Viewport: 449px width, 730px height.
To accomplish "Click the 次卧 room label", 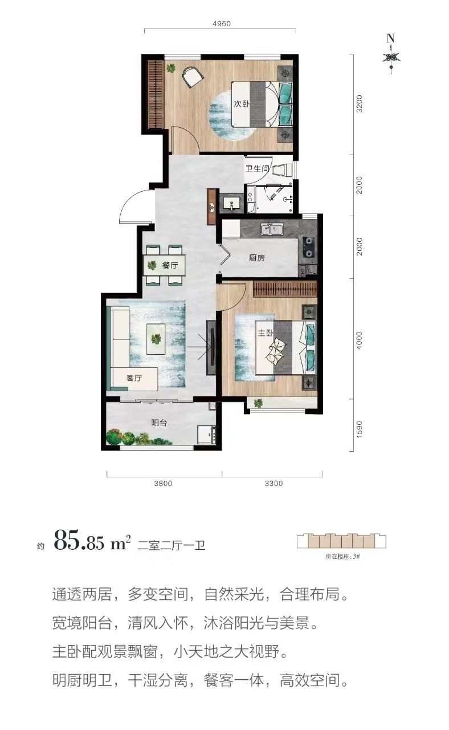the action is tap(242, 104).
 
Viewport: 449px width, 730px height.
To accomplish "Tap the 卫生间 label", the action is tap(257, 168).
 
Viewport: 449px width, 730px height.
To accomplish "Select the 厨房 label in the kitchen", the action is tap(257, 258).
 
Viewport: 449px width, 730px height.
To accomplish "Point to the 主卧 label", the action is tap(266, 332).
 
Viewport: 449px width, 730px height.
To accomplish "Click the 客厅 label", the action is tap(134, 378).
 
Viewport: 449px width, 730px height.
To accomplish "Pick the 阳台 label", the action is tap(159, 423).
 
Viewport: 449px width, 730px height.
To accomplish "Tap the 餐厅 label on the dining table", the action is tap(170, 265).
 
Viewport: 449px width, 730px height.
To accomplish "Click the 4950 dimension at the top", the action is tap(222, 23).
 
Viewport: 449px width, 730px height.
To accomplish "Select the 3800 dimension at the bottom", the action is tap(163, 483).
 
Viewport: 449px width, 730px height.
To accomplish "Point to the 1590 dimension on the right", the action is tap(359, 429).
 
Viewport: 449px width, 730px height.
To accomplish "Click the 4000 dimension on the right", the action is tap(359, 341).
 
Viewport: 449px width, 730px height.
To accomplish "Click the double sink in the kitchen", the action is tap(272, 229).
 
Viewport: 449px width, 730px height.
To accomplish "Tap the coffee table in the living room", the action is tap(156, 339).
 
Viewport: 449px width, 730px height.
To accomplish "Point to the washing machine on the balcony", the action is tap(207, 435).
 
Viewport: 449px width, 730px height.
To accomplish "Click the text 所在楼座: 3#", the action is tap(342, 556).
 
